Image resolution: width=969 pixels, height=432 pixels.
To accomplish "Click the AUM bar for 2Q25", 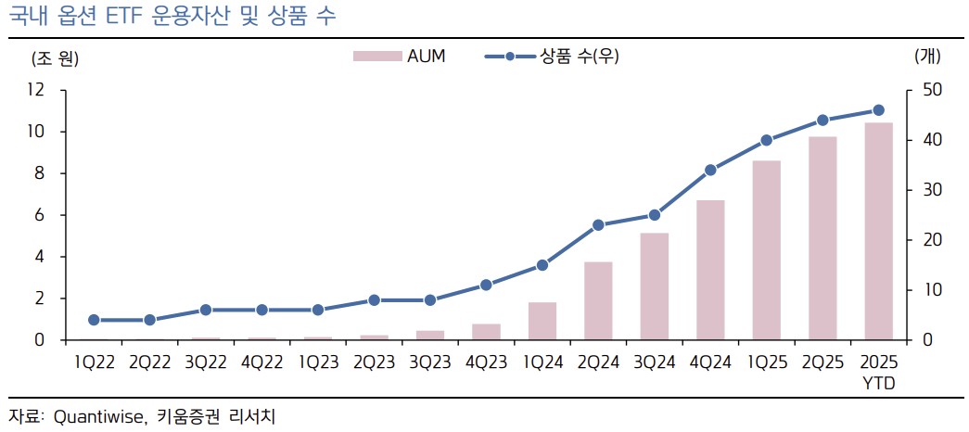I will click(x=822, y=238).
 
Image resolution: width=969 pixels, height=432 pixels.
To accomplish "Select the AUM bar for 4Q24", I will click(x=710, y=270).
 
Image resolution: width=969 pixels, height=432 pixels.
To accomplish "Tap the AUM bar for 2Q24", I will click(x=598, y=301).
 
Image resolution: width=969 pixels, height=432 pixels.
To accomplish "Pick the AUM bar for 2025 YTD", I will click(x=878, y=232).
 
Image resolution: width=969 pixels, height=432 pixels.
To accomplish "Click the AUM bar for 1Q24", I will click(x=542, y=321).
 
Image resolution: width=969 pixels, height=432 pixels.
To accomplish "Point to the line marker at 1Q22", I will click(x=94, y=320).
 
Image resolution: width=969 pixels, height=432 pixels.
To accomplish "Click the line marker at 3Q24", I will click(x=654, y=215).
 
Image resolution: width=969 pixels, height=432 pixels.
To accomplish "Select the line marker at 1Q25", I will click(x=766, y=140).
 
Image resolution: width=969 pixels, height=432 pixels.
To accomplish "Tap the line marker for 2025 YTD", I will click(x=878, y=110).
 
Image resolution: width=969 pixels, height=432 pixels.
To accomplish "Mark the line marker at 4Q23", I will click(x=486, y=285).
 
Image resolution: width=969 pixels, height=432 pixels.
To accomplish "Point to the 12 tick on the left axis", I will click(x=37, y=90).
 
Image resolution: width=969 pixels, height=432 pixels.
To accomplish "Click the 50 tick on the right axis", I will click(x=928, y=90).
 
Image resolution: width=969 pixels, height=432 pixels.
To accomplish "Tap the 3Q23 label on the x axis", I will click(x=429, y=362).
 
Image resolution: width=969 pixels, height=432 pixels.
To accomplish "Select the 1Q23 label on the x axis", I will click(x=317, y=362).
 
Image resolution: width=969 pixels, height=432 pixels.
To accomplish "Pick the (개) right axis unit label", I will click(x=927, y=57).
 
